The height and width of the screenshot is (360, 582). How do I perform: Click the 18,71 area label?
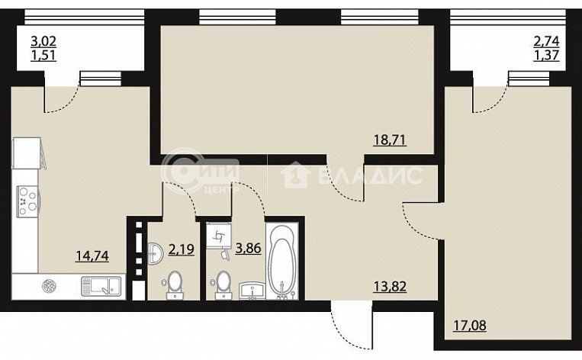389,140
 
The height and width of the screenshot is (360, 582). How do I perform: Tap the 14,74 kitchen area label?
92,256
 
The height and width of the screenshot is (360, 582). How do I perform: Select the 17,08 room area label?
470,326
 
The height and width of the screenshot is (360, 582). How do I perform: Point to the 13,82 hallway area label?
390,287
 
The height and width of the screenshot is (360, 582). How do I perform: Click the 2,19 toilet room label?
181,249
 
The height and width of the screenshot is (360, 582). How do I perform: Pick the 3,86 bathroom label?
249,248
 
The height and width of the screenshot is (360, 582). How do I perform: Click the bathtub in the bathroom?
282,262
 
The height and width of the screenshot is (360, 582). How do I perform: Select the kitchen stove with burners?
27,201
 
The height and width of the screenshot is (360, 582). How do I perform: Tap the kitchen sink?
101,287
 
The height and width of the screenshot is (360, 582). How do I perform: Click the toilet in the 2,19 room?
175,284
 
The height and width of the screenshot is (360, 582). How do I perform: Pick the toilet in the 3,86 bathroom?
223,284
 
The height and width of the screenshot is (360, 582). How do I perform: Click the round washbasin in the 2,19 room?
155,253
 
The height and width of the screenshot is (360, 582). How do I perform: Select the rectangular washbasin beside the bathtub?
252,291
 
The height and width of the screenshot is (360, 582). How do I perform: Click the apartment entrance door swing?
352,326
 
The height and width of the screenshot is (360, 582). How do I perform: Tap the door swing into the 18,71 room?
346,182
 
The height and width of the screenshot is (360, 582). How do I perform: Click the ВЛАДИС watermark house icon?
295,175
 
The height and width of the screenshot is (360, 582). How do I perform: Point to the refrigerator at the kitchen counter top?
27,153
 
